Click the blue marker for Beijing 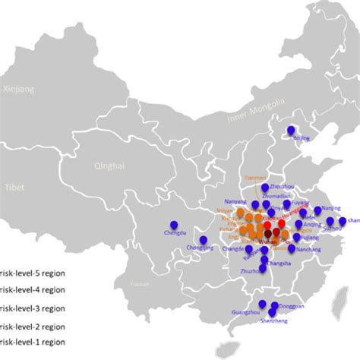pos(291,131)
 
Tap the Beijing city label pos(302,138)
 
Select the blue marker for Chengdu pos(174,226)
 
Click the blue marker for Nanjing pos(318,211)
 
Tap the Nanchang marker pos(292,248)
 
